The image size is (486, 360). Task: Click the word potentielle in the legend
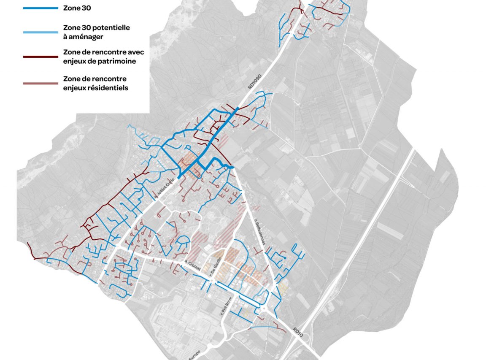tap(109, 28)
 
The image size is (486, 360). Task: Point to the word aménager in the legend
tap(84, 37)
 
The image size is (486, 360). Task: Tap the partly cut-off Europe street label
tap(195, 354)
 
